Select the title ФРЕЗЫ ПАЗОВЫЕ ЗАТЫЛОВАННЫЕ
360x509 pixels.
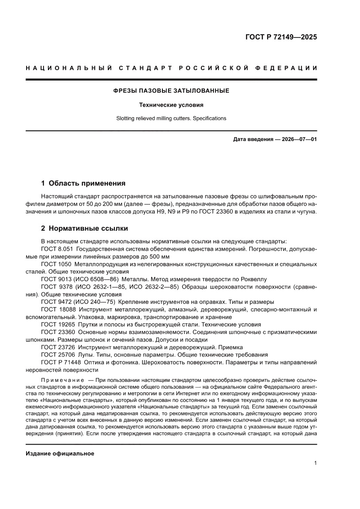(x=171, y=91)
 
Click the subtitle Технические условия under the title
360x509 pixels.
(x=171, y=105)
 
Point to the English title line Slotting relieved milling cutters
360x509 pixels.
(x=171, y=118)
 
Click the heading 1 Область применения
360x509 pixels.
(x=83, y=183)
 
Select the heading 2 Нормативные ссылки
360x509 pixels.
(x=84, y=228)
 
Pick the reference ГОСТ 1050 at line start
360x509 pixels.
(x=56, y=264)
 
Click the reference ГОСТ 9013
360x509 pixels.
(x=56, y=279)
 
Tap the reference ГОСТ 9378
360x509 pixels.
(x=56, y=287)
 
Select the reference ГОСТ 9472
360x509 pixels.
(x=56, y=302)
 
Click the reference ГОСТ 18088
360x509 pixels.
(x=58, y=309)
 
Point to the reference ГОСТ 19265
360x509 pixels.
(x=58, y=324)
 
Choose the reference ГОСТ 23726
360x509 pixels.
(x=58, y=347)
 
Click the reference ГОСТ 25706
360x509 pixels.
(x=58, y=354)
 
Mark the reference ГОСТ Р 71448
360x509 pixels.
(x=61, y=362)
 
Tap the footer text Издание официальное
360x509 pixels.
(x=60, y=453)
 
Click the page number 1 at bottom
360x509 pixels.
(x=315, y=463)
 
